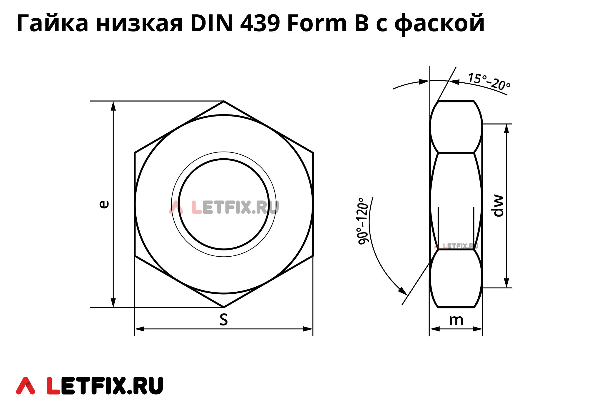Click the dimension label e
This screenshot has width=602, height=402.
click(104, 204)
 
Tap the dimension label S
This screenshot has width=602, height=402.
click(224, 320)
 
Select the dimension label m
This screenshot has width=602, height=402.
click(456, 320)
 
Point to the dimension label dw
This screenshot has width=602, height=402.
click(498, 206)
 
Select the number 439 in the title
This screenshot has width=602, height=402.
click(260, 24)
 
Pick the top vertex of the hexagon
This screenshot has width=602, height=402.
click(224, 101)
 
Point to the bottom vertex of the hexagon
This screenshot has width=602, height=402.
click(224, 307)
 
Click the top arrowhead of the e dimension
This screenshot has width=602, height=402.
click(113, 105)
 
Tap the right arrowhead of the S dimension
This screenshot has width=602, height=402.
click(309, 329)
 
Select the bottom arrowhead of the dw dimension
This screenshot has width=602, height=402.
click(506, 283)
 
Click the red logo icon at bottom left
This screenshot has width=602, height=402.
click(25, 386)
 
